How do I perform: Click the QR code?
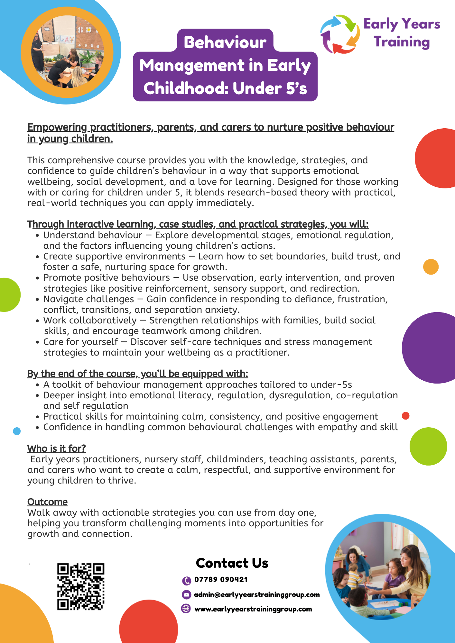point(81,586)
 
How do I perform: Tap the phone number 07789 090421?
point(221,580)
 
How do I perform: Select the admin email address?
point(257,595)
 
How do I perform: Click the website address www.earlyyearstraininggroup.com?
point(253,609)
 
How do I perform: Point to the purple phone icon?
point(186,581)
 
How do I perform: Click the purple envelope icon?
point(186,595)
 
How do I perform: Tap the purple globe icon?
point(186,609)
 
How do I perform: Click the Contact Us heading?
point(232,563)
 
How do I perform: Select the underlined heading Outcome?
point(47,502)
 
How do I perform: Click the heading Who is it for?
point(57,448)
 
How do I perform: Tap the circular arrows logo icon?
point(340,34)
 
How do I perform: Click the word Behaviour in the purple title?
point(225,42)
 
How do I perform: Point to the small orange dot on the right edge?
point(431,267)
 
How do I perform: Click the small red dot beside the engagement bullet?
point(406,416)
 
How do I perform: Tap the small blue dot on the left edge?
point(17,431)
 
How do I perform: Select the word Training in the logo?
point(402,42)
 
